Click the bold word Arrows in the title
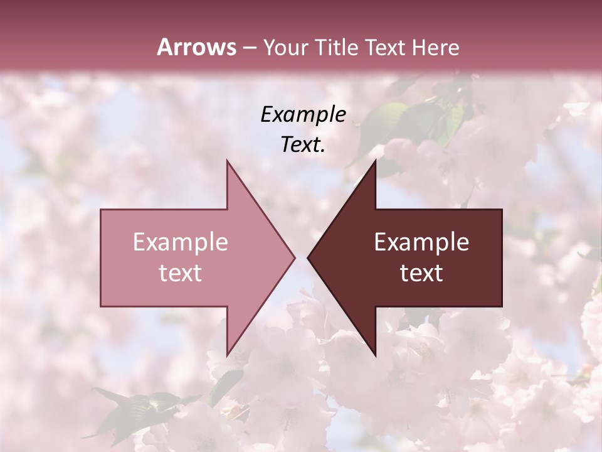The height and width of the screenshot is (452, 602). [x=196, y=47]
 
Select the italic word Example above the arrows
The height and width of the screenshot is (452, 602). [x=303, y=114]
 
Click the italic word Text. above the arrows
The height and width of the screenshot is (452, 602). [x=303, y=145]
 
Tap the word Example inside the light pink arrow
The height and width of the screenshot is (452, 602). [x=181, y=242]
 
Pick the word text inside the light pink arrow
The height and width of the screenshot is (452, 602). [x=181, y=273]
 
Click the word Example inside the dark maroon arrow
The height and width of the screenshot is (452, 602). [x=421, y=242]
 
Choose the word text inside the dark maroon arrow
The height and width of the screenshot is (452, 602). [x=421, y=273]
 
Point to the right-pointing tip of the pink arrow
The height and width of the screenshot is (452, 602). [x=294, y=257]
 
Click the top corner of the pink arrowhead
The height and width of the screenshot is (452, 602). [x=227, y=161]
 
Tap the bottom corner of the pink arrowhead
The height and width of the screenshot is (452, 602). [x=227, y=355]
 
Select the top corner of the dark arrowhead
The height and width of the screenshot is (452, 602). [x=375, y=161]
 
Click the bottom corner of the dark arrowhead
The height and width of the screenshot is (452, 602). [x=375, y=355]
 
